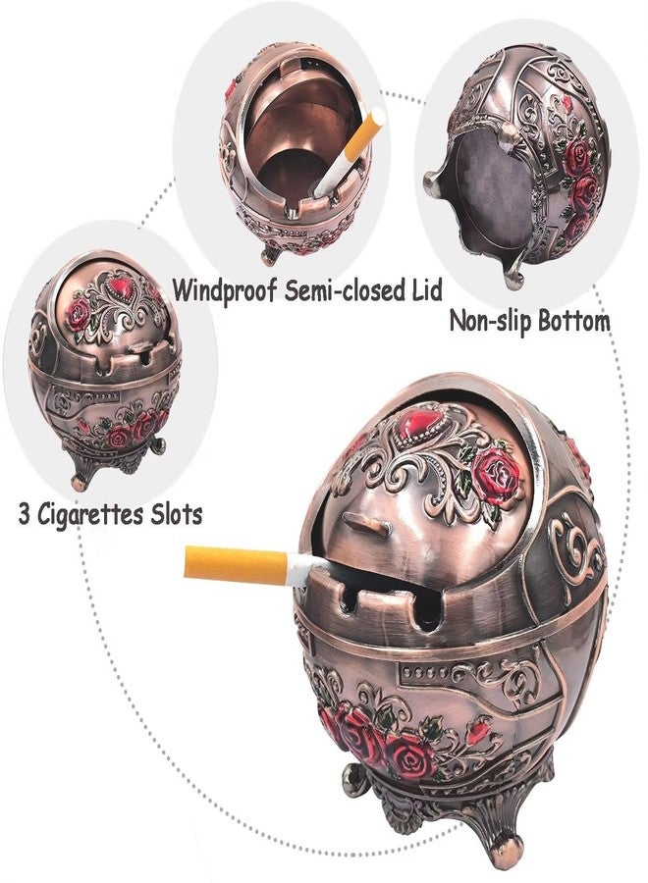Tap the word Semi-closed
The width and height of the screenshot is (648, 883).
click(342, 289)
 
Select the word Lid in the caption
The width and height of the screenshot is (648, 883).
click(423, 289)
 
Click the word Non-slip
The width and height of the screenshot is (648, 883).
click(490, 322)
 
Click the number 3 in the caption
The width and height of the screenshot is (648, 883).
click(25, 515)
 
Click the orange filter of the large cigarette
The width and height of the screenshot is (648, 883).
click(236, 564)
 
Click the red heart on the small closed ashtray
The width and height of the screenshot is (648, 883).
click(121, 287)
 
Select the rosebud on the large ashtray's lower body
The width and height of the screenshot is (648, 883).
click(478, 733)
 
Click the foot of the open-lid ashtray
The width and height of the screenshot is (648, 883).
click(270, 254)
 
